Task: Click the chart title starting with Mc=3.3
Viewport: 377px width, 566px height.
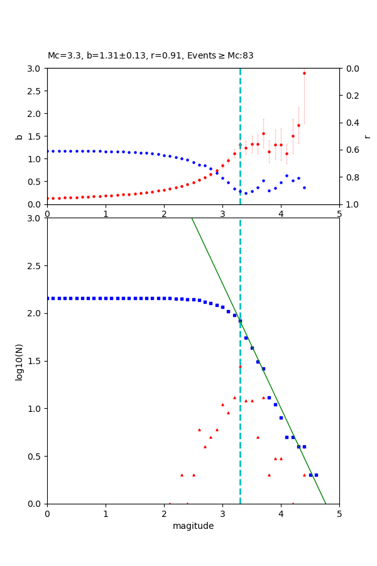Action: (151, 55)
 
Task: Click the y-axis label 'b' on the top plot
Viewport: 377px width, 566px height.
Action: (19, 136)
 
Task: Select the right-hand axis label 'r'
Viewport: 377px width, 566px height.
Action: (367, 136)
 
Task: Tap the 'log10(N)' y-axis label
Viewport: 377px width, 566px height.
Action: (19, 361)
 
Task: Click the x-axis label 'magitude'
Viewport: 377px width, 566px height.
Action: (193, 526)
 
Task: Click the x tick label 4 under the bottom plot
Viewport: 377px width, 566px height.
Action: (281, 514)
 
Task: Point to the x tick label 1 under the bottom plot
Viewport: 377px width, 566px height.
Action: (106, 514)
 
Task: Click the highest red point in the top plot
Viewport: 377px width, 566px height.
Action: (304, 73)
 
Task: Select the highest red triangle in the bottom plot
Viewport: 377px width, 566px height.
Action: (240, 366)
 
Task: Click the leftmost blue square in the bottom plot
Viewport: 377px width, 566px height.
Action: (48, 298)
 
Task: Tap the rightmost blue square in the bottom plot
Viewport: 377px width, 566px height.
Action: (316, 475)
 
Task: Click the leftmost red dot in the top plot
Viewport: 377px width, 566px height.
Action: (48, 198)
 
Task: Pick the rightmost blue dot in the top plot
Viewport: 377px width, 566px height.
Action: (304, 187)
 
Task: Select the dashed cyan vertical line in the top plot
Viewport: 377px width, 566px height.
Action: (240, 113)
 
